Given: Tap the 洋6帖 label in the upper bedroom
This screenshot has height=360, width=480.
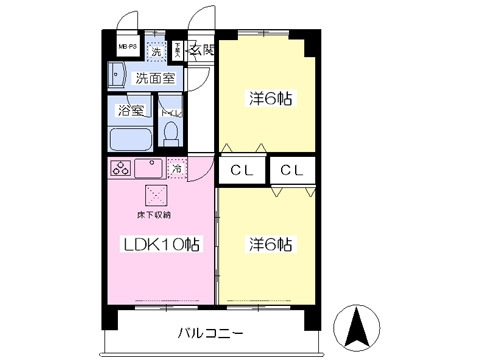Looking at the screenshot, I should [x=269, y=99].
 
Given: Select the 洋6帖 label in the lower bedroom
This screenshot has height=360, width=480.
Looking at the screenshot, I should [x=269, y=243].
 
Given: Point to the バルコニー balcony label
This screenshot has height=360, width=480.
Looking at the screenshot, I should [x=211, y=333].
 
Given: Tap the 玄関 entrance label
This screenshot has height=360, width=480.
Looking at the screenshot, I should [x=201, y=50].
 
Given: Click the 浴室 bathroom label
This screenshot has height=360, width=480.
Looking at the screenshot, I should [x=130, y=110].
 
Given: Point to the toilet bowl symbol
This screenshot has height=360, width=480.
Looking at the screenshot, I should [x=171, y=132].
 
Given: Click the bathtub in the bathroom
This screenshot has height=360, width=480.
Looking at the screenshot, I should [x=130, y=136].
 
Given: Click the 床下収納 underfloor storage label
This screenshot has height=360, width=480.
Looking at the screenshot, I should [x=154, y=214].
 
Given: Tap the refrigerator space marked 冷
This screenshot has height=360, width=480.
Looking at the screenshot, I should [x=177, y=168].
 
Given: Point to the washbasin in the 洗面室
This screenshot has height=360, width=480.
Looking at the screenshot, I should [x=118, y=75].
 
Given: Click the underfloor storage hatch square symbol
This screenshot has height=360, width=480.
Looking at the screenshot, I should [x=155, y=194].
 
